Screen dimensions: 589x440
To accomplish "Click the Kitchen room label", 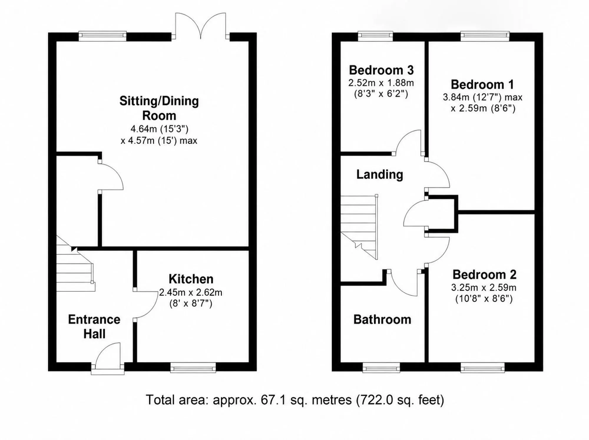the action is pos(191,279).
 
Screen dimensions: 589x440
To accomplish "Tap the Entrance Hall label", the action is pos(94,327).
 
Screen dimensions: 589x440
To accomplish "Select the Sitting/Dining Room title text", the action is pos(159,108).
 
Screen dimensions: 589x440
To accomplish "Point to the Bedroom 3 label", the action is pos(381,70).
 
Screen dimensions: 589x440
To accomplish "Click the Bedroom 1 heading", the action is pos(482,85).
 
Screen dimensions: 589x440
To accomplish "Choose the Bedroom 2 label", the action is pos(484,274).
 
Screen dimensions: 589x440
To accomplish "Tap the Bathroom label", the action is pos(382,320).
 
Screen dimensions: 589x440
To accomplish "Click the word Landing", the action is pos(380,174).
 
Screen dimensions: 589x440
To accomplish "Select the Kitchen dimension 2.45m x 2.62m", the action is pos(191,292).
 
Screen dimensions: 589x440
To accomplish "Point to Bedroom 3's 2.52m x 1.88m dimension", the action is pos(381,83).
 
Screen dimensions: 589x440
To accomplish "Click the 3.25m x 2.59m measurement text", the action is pos(484,287).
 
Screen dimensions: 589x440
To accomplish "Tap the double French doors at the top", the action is pos(201,26).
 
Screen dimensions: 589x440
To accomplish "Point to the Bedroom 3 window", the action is pos(375,36).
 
